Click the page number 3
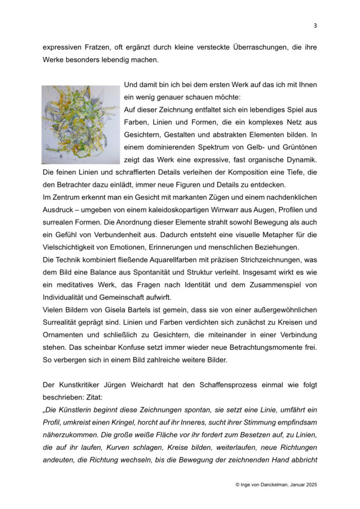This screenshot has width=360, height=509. (315, 26)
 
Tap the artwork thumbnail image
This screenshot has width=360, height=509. (81, 124)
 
